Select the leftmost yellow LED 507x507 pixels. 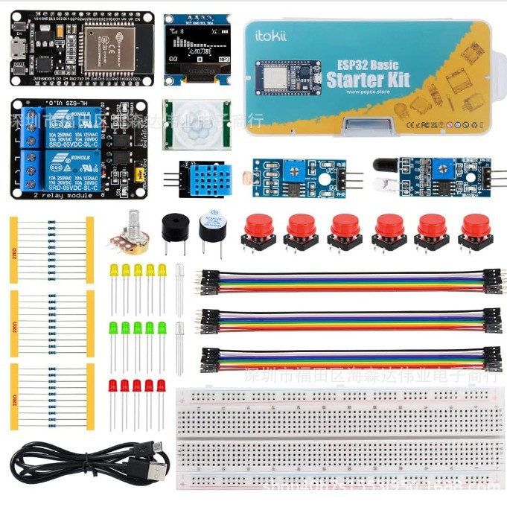coord(114,270)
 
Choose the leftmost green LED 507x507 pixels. coord(114,328)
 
